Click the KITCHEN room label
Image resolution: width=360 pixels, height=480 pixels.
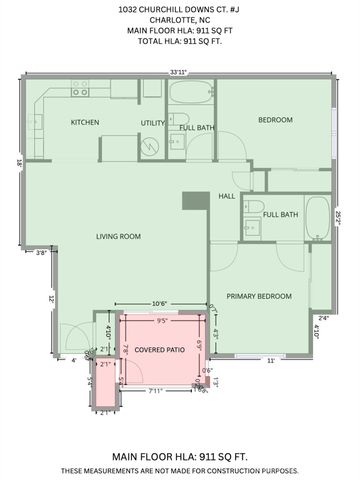(84, 122)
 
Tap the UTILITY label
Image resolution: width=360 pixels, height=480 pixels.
(153, 122)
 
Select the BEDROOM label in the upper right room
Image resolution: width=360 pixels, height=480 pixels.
(275, 120)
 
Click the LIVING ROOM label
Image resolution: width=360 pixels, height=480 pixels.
(117, 237)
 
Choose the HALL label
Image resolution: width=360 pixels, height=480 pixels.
(226, 196)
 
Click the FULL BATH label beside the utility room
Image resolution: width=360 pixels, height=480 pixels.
(195, 128)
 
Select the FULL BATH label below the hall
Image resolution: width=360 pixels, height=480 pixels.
(280, 214)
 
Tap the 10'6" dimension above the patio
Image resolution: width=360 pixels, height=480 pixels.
(159, 304)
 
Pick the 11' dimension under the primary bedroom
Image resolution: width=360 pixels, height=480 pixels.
(270, 361)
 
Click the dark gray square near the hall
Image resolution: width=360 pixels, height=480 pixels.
(191, 200)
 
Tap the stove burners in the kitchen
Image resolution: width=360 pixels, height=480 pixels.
(80, 92)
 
